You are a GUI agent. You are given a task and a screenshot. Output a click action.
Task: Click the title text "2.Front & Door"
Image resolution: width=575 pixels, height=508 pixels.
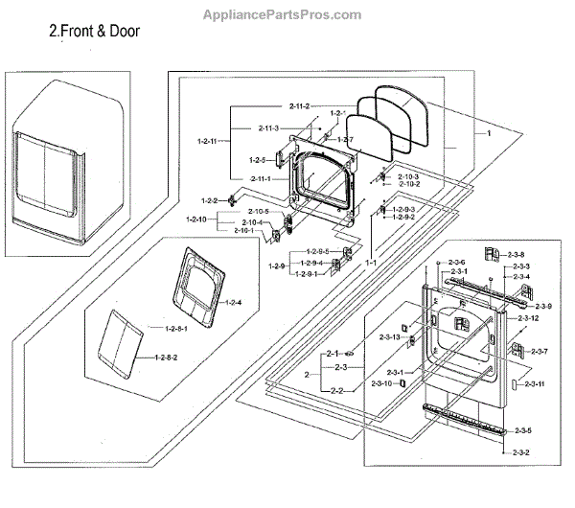pyautogui.click(x=94, y=31)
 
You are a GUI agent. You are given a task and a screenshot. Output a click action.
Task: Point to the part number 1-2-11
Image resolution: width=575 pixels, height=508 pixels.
pyautogui.click(x=207, y=140)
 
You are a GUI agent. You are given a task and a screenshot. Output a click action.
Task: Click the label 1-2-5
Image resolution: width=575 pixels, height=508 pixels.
pyautogui.click(x=257, y=160)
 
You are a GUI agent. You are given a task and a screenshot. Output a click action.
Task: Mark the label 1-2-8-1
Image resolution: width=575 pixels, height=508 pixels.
pyautogui.click(x=176, y=330)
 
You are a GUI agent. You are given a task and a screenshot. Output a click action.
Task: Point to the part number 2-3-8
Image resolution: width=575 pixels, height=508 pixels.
pyautogui.click(x=517, y=254)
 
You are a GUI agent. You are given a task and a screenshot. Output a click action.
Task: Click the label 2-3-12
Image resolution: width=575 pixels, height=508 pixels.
pyautogui.click(x=528, y=317)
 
